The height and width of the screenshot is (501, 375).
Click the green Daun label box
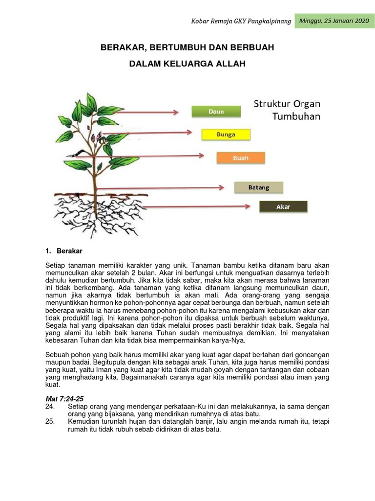pyautogui.click(x=216, y=112)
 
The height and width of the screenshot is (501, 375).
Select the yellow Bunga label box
pyautogui.click(x=226, y=135)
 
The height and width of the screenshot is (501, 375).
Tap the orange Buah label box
pyautogui.click(x=240, y=158)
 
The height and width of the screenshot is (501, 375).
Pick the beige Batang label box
pyautogui.click(x=258, y=187)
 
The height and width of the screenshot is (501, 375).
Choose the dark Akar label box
pyautogui.click(x=283, y=207)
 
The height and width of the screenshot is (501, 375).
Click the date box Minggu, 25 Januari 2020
pyautogui.click(x=334, y=21)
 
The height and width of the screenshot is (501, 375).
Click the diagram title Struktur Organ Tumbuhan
pyautogui.click(x=287, y=110)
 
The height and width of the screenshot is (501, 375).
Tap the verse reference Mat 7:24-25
pyautogui.click(x=62, y=399)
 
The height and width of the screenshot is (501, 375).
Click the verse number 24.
pyautogui.click(x=49, y=407)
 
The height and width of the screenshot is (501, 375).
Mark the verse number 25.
pyautogui.click(x=49, y=422)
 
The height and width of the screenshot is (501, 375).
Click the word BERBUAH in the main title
pyautogui.click(x=251, y=47)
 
